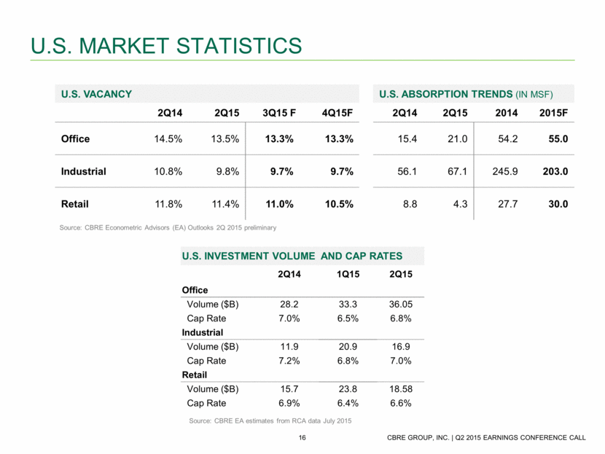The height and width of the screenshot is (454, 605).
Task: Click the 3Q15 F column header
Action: click(x=278, y=113)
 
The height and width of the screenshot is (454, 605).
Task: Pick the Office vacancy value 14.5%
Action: click(x=165, y=140)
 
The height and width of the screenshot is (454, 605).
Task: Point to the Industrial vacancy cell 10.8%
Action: click(x=165, y=172)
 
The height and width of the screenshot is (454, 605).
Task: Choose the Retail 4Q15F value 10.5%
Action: click(x=338, y=204)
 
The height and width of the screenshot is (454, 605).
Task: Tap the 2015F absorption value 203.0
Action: click(x=554, y=172)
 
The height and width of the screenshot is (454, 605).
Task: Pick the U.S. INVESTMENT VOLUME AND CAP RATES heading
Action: click(x=292, y=256)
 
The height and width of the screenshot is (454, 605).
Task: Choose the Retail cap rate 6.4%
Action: click(x=343, y=403)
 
